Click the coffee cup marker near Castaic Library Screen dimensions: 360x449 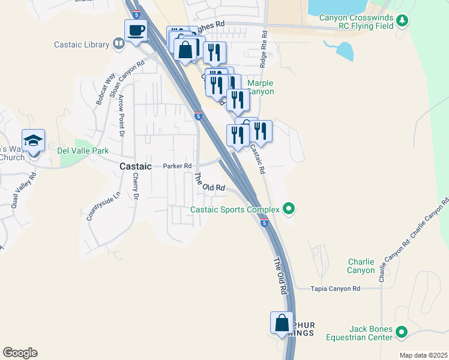[135, 30]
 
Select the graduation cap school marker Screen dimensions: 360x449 [34, 141]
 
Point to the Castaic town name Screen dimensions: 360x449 [135, 166]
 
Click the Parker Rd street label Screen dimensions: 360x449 [177, 166]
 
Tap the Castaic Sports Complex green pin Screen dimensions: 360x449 [289, 209]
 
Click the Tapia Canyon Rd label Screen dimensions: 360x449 [335, 289]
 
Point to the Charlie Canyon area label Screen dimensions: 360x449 [361, 266]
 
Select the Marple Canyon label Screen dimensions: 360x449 [261, 88]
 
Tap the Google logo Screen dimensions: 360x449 [20, 353]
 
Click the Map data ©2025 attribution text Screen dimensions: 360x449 [423, 355]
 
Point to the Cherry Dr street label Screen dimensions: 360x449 [136, 187]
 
